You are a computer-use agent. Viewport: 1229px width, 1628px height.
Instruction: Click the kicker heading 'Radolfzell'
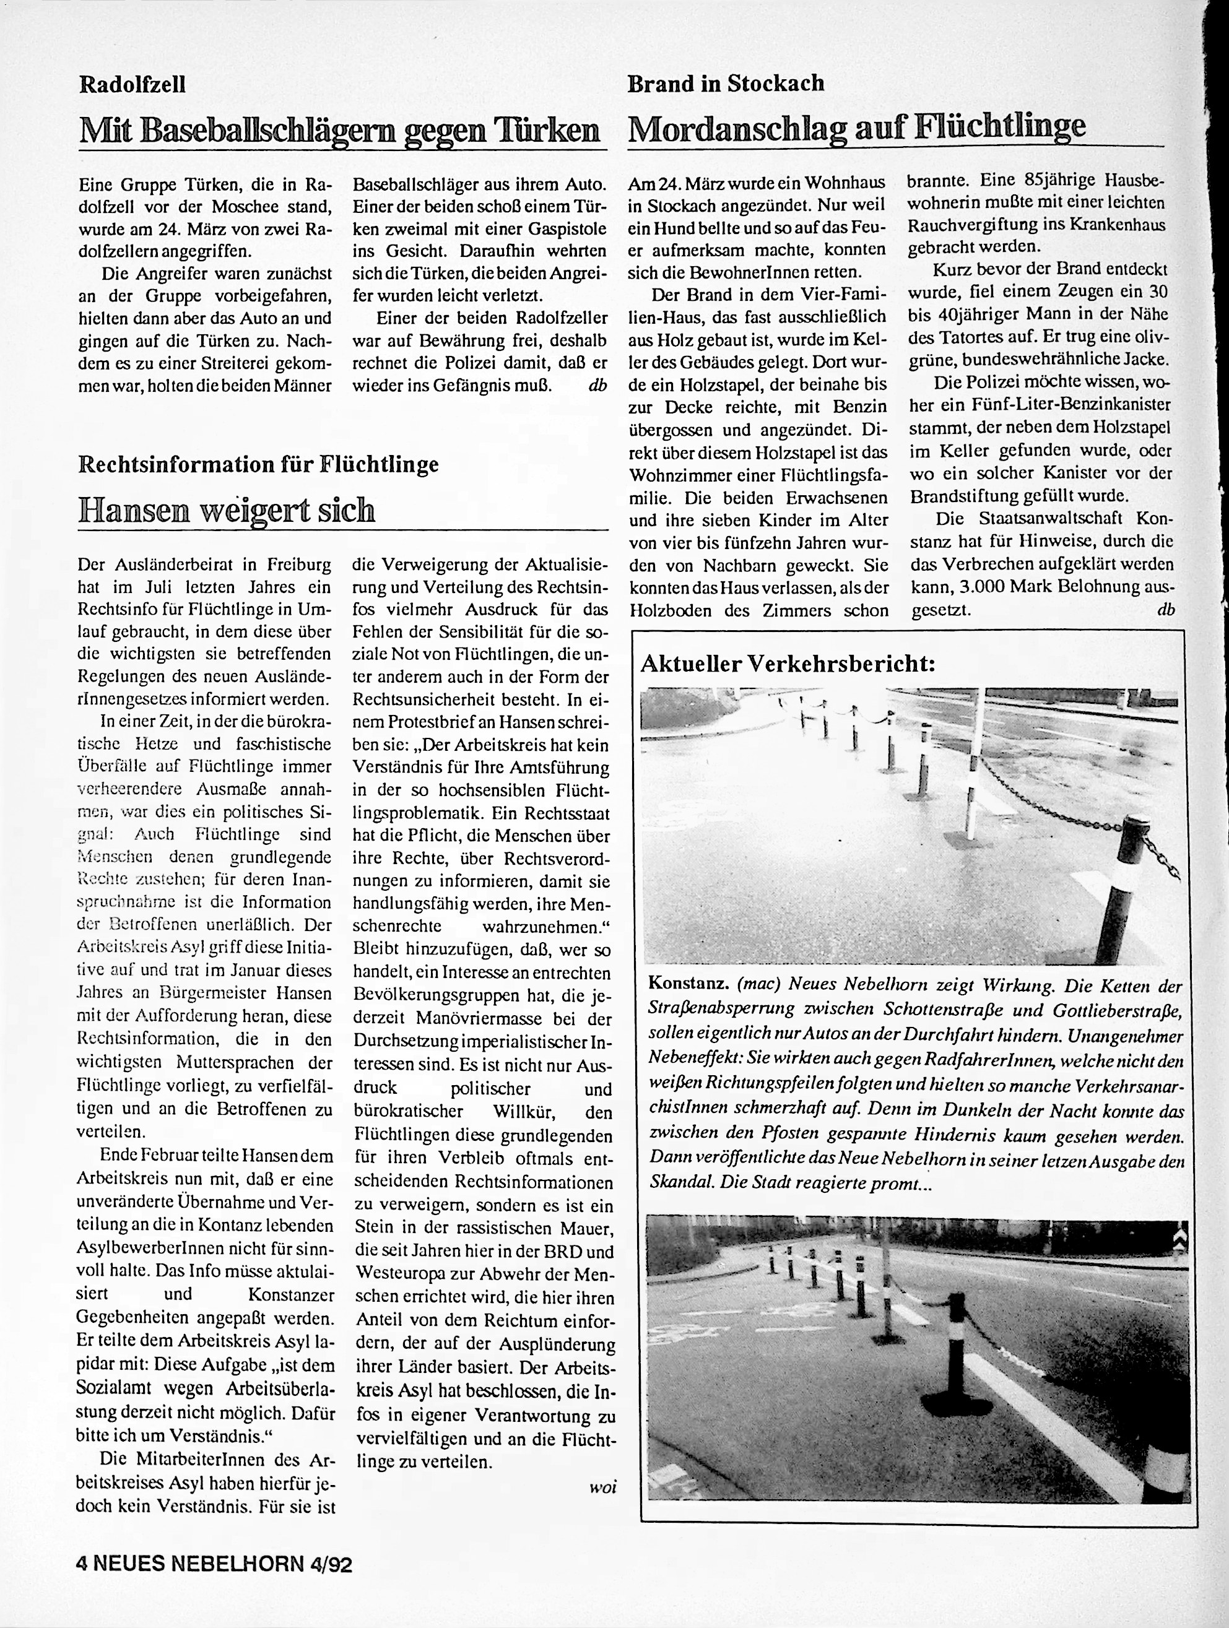pos(132,85)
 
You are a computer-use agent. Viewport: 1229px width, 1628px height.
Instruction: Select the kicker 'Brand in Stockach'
pos(725,83)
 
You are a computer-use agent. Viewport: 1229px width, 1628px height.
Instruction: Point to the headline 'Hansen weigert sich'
pos(226,509)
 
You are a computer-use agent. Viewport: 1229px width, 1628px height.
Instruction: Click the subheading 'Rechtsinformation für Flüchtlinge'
pos(258,464)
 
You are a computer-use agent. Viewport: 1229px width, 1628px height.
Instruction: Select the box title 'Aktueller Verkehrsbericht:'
pos(788,664)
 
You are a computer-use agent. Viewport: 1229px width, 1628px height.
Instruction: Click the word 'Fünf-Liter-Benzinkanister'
pos(1074,405)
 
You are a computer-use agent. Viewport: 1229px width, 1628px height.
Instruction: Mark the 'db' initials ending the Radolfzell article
pos(597,385)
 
